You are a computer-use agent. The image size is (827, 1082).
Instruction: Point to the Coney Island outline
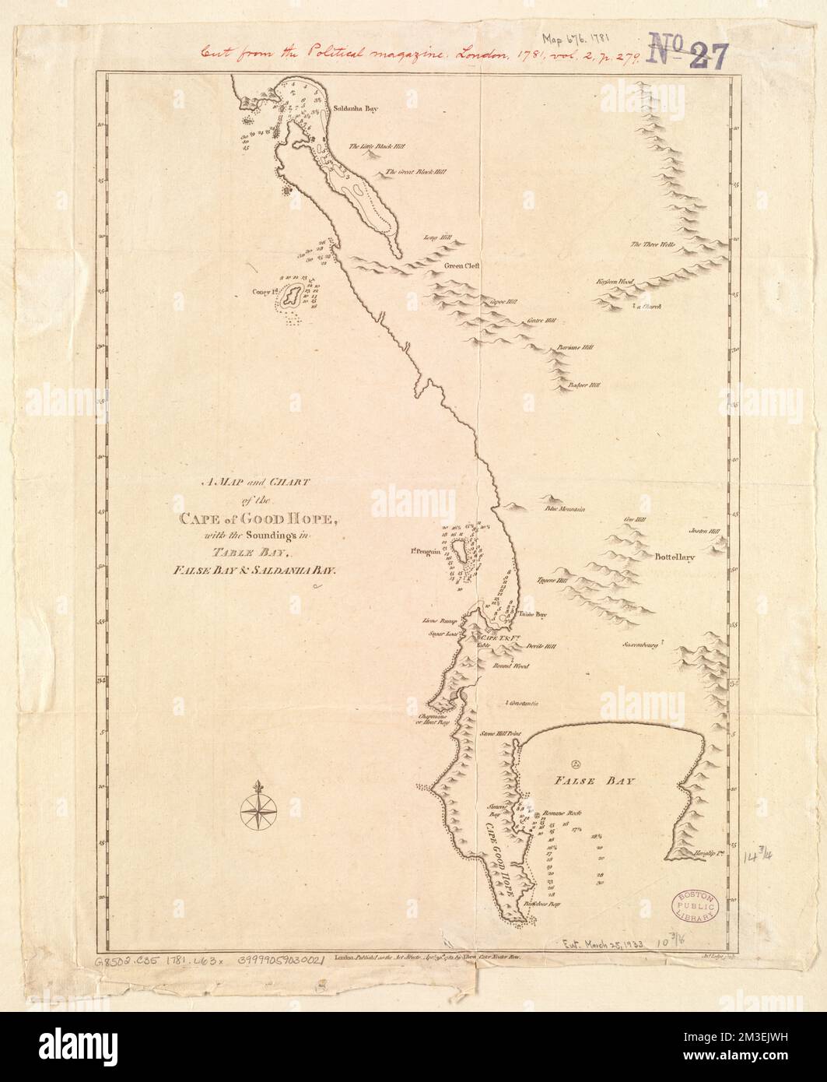click(293, 296)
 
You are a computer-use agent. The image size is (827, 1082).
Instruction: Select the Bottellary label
click(674, 557)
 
